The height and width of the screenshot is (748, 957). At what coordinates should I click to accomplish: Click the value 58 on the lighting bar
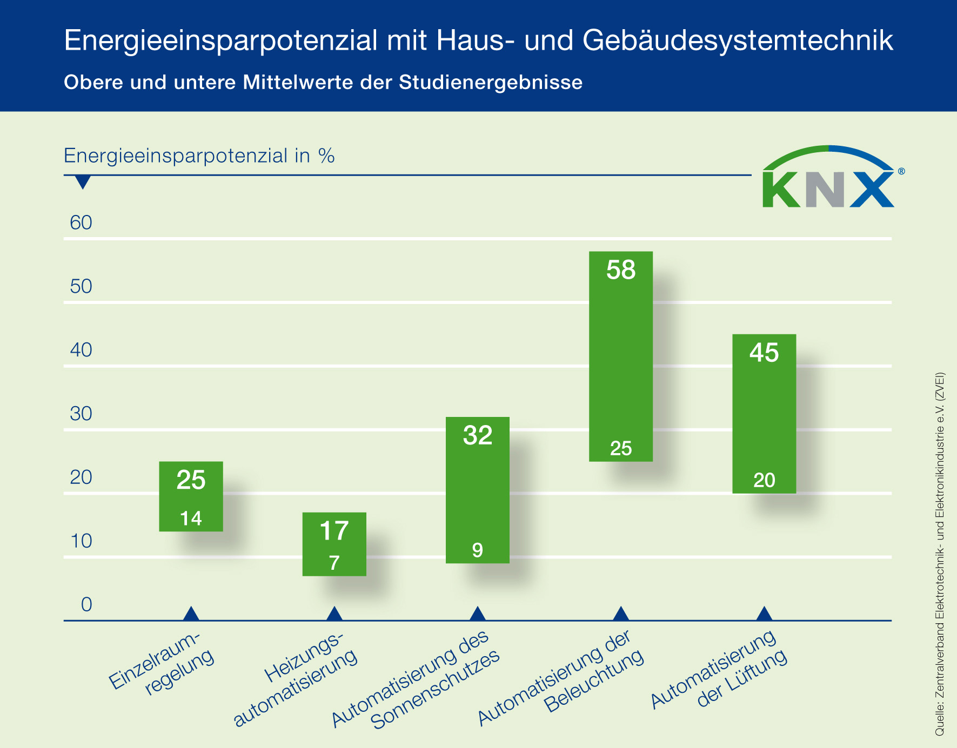pos(621,270)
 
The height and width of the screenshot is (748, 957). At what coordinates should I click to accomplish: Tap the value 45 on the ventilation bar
pos(764,353)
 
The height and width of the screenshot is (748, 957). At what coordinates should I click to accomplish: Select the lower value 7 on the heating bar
pos(334,563)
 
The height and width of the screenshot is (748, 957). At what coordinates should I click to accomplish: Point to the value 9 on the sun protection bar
pos(477,550)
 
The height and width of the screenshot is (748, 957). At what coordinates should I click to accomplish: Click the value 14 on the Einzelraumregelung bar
pos(191,518)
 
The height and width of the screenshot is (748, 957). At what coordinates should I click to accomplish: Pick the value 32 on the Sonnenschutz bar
pos(478,435)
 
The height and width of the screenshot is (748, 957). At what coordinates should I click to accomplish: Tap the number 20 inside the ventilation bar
pos(764,480)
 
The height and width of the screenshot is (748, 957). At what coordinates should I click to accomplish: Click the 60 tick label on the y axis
pos(81,223)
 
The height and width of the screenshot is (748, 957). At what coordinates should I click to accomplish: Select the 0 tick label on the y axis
pos(86,604)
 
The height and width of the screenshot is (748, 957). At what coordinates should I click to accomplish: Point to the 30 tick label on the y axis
pos(81,414)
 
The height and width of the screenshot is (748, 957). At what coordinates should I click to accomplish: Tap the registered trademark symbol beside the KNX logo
pos(901,171)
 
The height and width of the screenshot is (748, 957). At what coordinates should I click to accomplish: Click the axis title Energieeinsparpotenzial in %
pos(199,156)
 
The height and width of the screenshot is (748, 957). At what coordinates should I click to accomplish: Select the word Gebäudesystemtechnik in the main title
pos(738,41)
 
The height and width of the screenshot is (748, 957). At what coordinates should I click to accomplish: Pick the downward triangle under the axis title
pos(83,182)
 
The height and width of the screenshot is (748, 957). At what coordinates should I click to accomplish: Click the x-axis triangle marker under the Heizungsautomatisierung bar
pos(334,614)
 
